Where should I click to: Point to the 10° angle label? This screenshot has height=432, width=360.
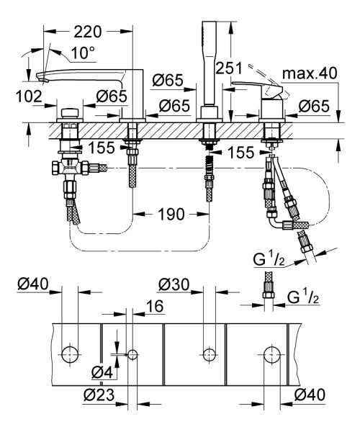(84, 52)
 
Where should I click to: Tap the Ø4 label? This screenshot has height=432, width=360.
(102, 372)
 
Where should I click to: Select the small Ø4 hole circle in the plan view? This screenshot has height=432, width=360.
(132, 354)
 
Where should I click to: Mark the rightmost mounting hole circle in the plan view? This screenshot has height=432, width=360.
(271, 354)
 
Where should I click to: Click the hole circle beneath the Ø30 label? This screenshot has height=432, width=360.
(208, 354)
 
